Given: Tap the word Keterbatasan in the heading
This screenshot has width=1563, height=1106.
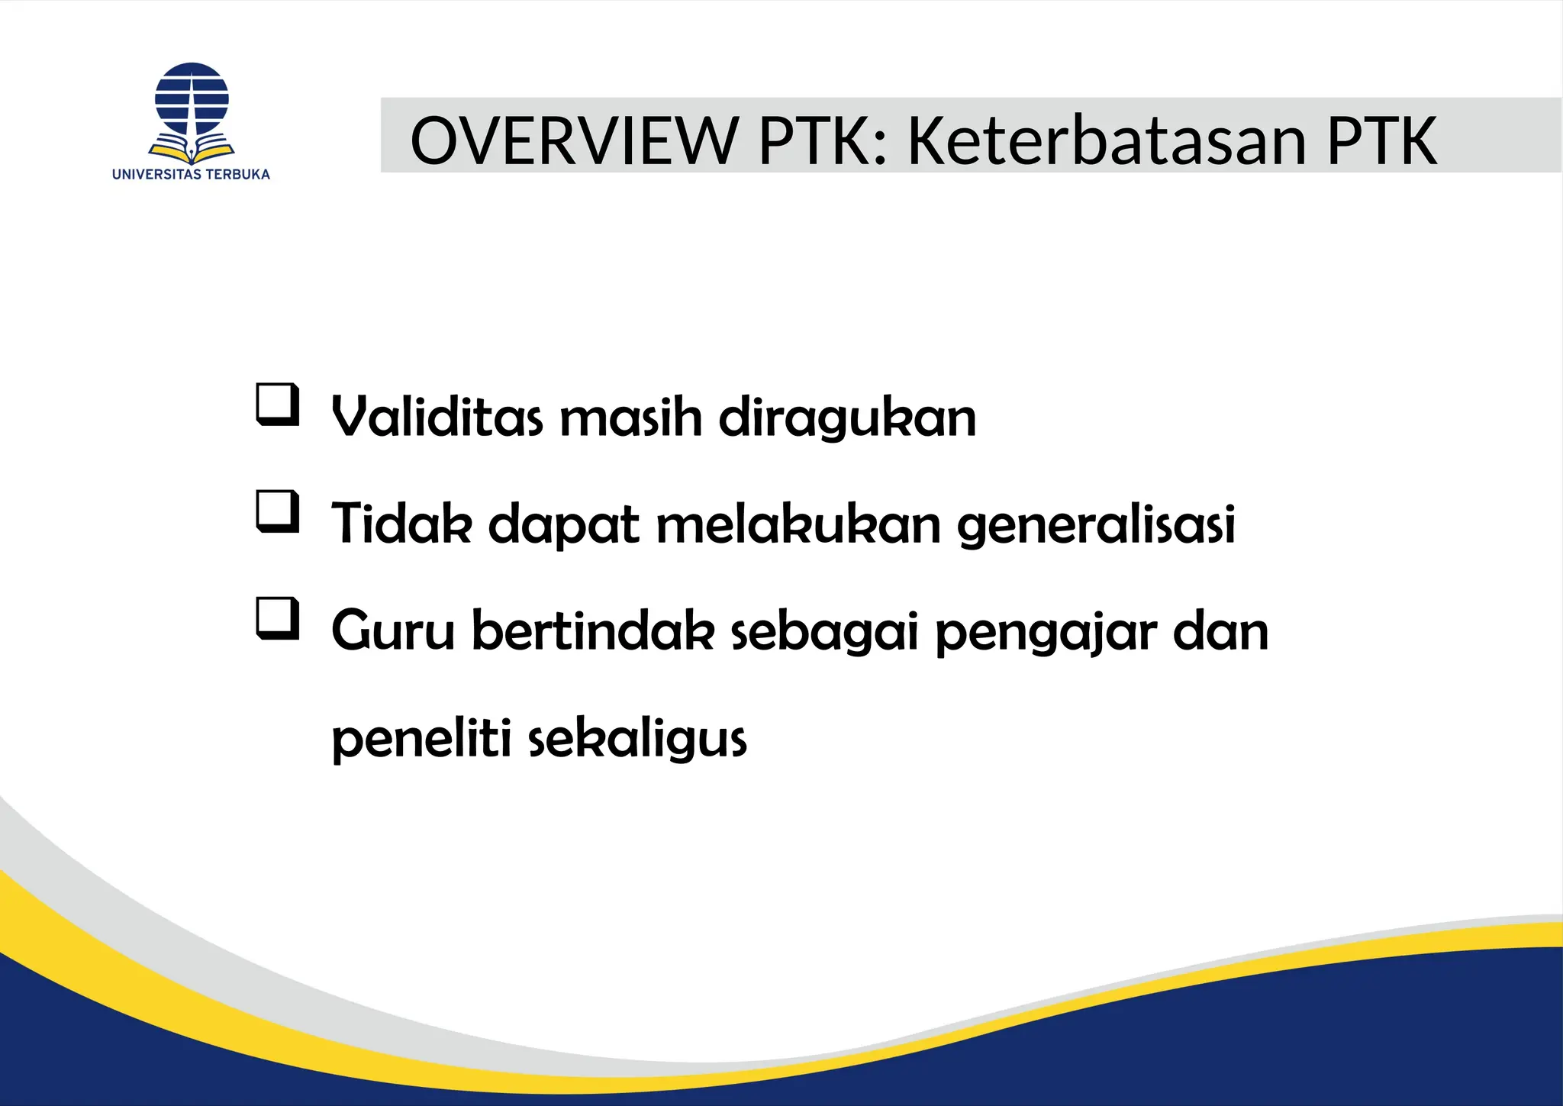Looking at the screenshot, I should coord(1107,140).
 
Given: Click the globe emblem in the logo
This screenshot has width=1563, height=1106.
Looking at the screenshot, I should coord(192,99).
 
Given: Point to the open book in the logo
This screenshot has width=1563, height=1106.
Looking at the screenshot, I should coord(192,149).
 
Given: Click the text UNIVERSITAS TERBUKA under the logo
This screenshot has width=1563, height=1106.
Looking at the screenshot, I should coord(191,174).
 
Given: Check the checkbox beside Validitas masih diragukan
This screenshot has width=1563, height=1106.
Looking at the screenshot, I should coord(276,405).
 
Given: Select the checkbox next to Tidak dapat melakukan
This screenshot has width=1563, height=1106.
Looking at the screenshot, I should coord(276,511).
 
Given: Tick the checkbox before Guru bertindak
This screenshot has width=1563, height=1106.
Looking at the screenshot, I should coord(276,618).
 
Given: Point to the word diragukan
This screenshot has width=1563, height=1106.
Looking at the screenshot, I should coord(847,419).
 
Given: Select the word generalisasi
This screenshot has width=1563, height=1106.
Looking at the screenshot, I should coord(1096,525).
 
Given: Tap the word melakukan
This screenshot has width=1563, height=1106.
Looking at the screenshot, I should coord(798,524).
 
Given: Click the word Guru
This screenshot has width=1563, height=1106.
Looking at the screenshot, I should coord(392,631).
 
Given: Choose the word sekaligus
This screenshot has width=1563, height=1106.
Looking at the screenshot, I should coord(638,740).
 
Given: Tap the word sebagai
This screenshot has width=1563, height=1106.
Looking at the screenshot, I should coord(825,633).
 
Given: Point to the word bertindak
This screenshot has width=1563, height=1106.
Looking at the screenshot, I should coord(593,631).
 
